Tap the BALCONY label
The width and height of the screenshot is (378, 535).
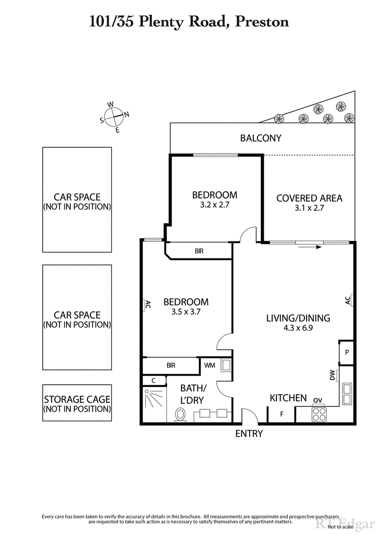click(260, 138)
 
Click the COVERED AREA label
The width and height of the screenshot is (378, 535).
click(309, 198)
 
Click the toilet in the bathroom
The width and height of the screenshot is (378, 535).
click(180, 415)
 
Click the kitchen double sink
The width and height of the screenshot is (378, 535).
click(347, 394)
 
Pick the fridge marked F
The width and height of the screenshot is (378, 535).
click(282, 414)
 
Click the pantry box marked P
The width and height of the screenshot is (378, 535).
click(346, 353)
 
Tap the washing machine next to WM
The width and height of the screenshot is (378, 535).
click(226, 365)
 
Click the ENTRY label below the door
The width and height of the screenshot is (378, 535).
click(249, 433)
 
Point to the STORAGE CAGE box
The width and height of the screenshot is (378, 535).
click(77, 402)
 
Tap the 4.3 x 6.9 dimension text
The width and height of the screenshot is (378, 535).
click(298, 328)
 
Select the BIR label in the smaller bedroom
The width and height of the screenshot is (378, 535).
click(199, 251)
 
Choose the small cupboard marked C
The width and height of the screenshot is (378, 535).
click(154, 380)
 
